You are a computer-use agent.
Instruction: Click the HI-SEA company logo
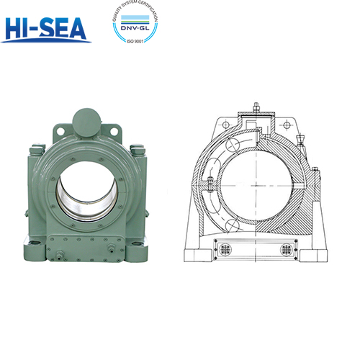click(x=47, y=28)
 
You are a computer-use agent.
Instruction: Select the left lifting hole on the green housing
click(x=59, y=132)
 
